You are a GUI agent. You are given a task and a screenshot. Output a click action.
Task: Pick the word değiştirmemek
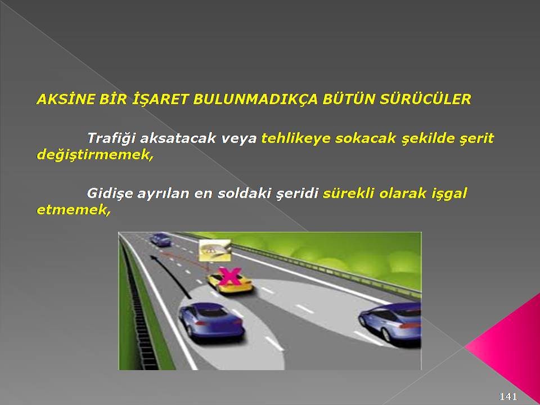[94, 155]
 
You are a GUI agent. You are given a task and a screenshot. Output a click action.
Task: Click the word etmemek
[74, 210]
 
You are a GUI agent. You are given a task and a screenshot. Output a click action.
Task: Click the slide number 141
[508, 397]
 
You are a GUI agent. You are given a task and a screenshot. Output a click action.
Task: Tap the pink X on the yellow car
[229, 276]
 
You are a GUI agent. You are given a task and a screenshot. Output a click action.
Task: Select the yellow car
[229, 282]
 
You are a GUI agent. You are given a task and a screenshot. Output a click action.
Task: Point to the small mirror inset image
[215, 250]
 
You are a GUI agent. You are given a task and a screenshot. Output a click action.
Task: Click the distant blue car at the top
[160, 240]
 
